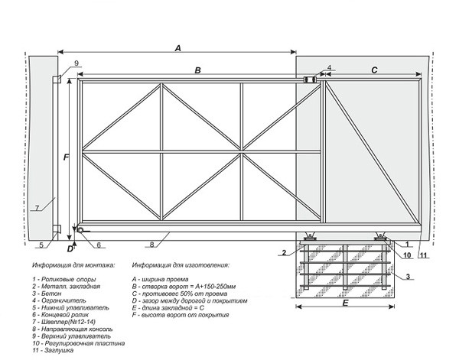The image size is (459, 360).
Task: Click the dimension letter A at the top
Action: [177, 47]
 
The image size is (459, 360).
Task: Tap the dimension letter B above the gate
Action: [197, 70]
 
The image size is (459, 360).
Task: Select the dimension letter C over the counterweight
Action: [374, 70]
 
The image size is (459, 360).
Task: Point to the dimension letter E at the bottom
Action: [346, 303]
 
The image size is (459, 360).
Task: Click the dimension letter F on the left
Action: [67, 157]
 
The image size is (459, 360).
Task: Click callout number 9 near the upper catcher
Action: [76, 63]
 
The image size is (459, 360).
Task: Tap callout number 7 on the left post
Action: [36, 208]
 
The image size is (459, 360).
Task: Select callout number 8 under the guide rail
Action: [152, 245]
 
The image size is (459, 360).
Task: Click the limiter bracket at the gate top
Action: [311, 79]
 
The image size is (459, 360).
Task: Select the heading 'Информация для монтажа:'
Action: [73, 265]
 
